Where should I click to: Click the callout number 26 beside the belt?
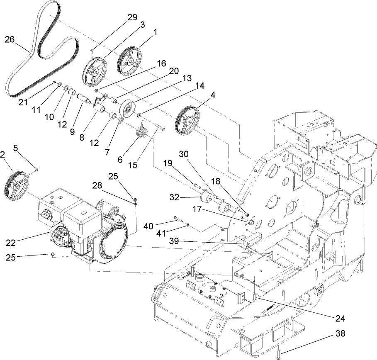10,40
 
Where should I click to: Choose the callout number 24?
340,318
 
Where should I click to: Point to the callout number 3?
142,24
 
